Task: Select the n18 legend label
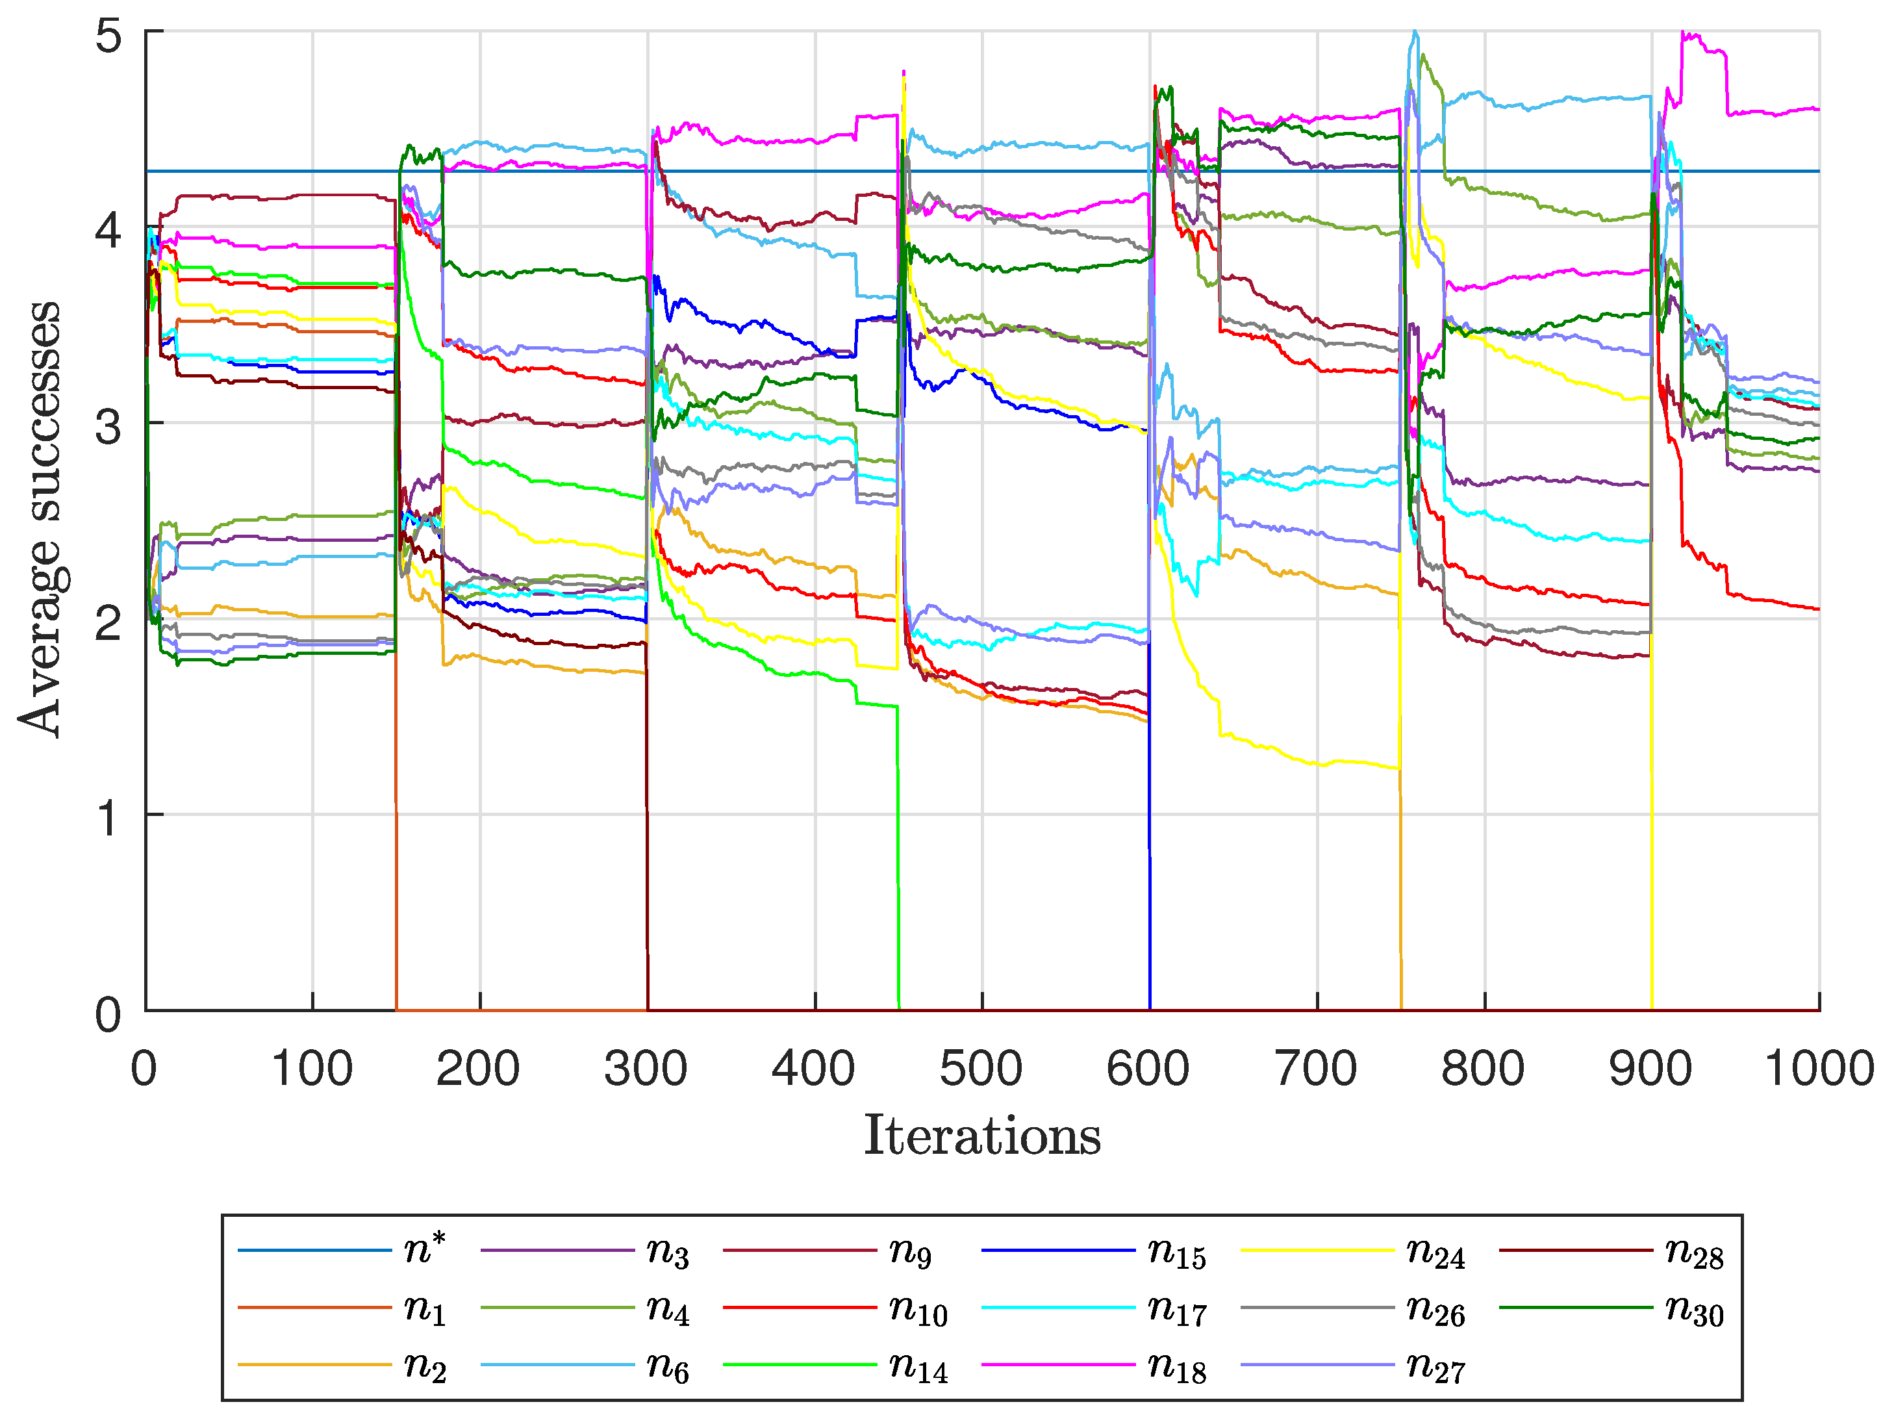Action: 1176,1367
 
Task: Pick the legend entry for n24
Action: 1435,1253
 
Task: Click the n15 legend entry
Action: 1176,1253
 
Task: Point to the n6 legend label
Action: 667,1367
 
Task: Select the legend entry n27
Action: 1435,1367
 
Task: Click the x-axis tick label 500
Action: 981,1070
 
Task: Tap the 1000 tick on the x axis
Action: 1818,1070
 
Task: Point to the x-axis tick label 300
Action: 646,1070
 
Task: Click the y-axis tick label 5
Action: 109,36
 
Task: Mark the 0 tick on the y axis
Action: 109,1015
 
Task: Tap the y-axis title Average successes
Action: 41,519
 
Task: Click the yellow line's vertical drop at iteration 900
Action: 1652,851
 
